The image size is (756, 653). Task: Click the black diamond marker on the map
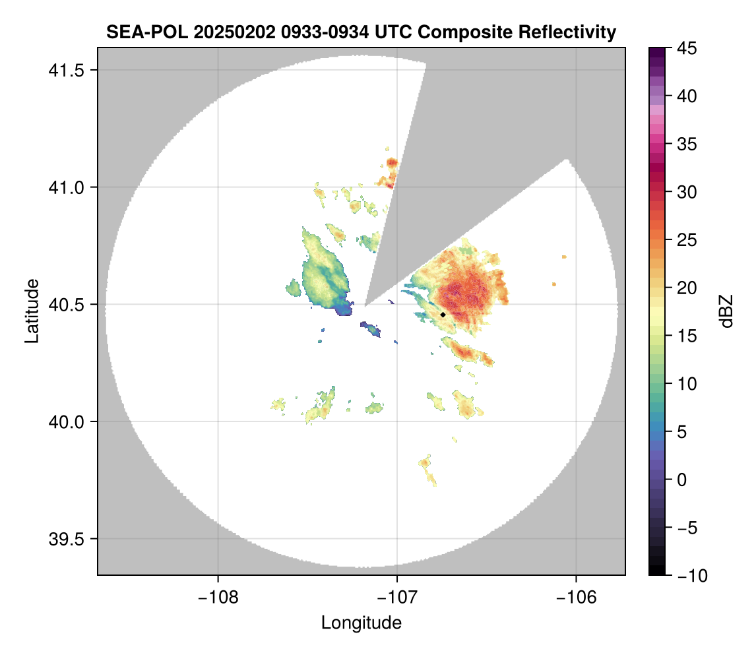pyautogui.click(x=443, y=315)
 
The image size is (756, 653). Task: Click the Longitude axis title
pyautogui.click(x=362, y=622)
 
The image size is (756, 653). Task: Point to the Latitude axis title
pyautogui.click(x=31, y=311)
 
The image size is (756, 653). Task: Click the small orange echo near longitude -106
pyautogui.click(x=564, y=257)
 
